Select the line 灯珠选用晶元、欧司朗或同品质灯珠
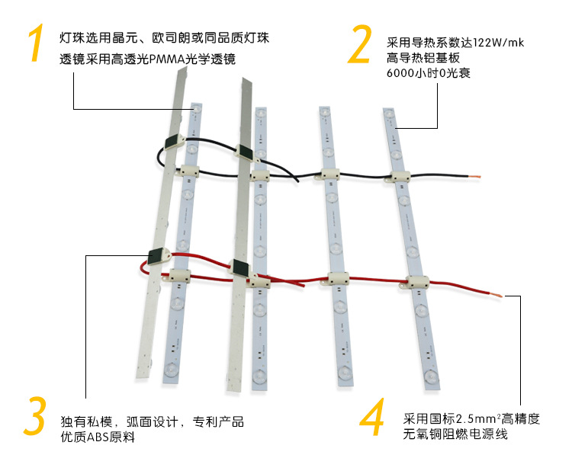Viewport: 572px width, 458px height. (163, 37)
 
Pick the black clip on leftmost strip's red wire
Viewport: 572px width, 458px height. (158, 258)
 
